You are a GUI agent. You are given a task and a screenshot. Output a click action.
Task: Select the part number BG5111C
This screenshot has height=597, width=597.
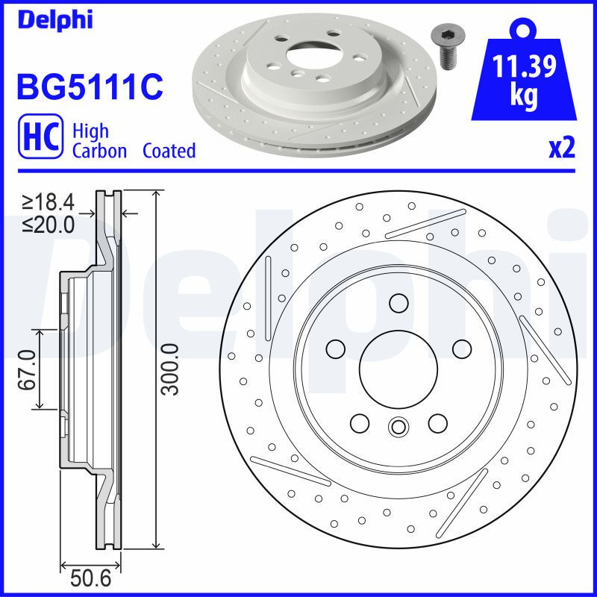89,87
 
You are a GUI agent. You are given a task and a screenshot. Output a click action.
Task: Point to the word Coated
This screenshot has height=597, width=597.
169,151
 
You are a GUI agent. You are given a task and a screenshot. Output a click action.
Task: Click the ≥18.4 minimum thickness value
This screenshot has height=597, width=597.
48,202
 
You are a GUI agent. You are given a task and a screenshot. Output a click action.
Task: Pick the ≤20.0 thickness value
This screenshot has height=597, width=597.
48,223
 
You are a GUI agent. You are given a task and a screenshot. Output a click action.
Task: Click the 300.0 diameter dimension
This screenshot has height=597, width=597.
169,369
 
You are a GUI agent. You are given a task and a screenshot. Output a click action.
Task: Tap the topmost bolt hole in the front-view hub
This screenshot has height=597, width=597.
398,303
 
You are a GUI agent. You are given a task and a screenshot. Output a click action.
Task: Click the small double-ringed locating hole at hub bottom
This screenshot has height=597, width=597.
398,427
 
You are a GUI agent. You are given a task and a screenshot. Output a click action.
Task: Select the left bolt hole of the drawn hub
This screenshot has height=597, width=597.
335,348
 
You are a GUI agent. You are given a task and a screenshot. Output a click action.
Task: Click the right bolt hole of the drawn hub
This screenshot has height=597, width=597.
461,348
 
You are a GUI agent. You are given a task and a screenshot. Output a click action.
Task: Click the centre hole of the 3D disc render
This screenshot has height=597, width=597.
313,54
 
